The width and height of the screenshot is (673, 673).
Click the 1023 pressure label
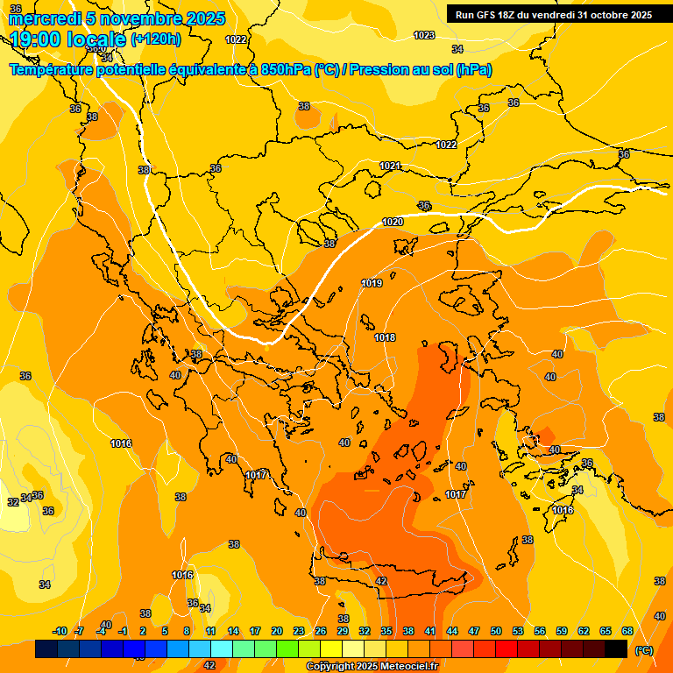[424, 35]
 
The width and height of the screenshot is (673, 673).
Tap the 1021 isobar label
[391, 166]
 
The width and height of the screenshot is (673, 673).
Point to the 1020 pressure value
[393, 222]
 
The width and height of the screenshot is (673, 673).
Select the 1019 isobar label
[372, 283]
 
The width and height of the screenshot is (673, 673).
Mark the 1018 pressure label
[385, 337]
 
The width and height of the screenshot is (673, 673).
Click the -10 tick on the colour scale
[60, 631]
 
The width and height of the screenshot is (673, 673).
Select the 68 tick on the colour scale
[627, 631]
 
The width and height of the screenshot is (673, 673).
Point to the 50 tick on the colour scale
[496, 631]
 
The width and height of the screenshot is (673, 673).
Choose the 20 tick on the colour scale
[277, 631]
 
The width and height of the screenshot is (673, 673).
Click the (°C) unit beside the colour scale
[644, 650]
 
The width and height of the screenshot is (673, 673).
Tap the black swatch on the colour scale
[616, 649]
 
